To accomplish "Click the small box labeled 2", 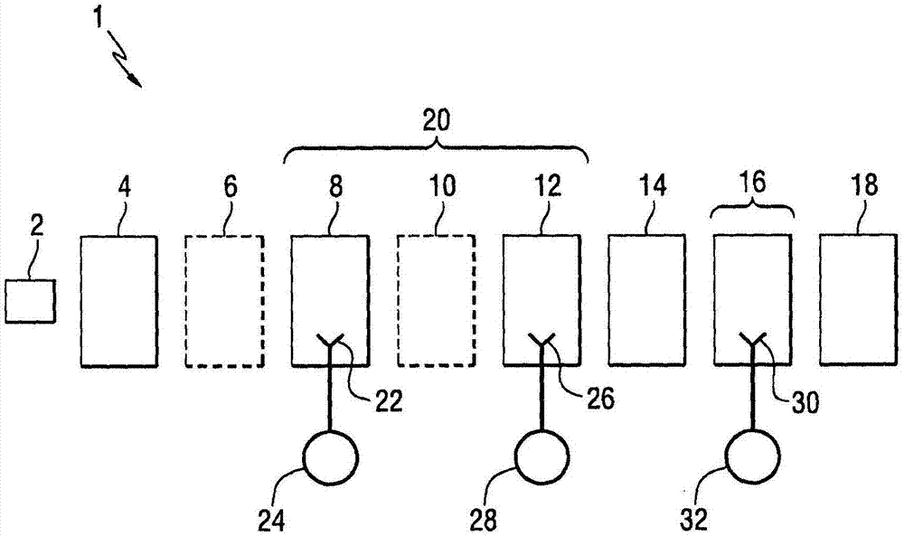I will (x=30, y=301).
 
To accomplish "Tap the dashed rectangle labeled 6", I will (x=224, y=300).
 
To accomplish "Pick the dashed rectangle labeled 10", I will (x=436, y=300).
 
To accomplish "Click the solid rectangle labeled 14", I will (x=646, y=300).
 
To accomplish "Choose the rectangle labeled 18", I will (x=859, y=300).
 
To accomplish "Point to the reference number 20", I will (x=436, y=120).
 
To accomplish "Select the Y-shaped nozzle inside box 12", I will (x=542, y=343).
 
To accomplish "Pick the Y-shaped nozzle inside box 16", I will (x=753, y=343).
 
